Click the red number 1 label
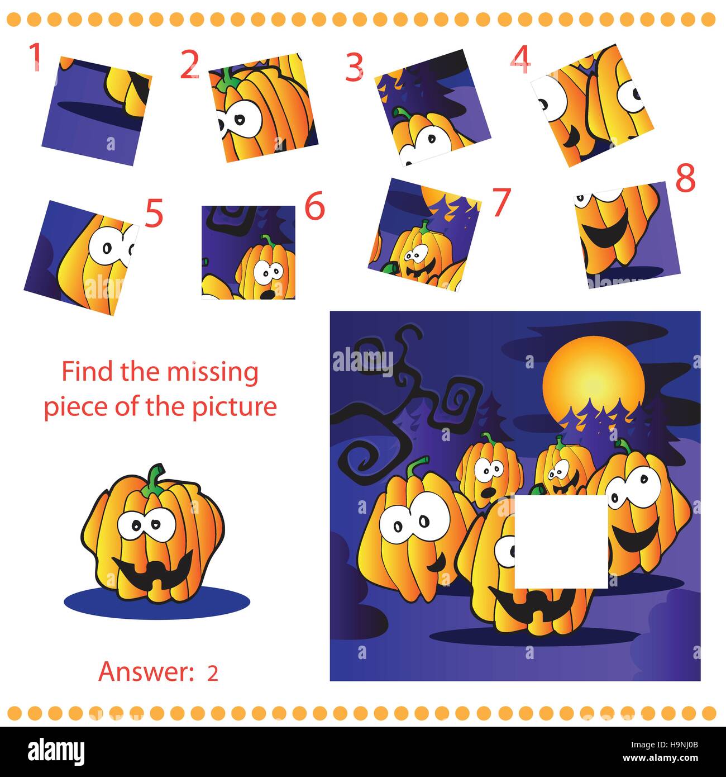(35, 58)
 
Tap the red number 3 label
(355, 68)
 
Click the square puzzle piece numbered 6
(249, 252)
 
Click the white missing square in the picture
(560, 541)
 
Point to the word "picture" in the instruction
(241, 406)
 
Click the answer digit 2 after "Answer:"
(212, 674)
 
